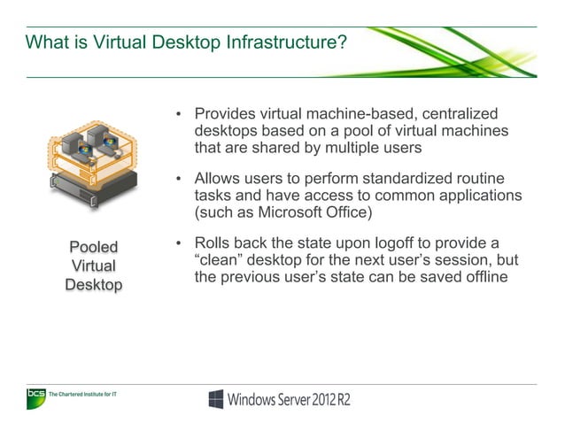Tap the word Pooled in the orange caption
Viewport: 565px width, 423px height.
tap(93, 246)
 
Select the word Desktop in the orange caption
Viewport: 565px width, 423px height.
tap(93, 284)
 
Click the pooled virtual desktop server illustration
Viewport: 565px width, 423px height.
tap(93, 164)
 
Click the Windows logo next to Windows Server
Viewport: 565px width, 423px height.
tap(215, 399)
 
